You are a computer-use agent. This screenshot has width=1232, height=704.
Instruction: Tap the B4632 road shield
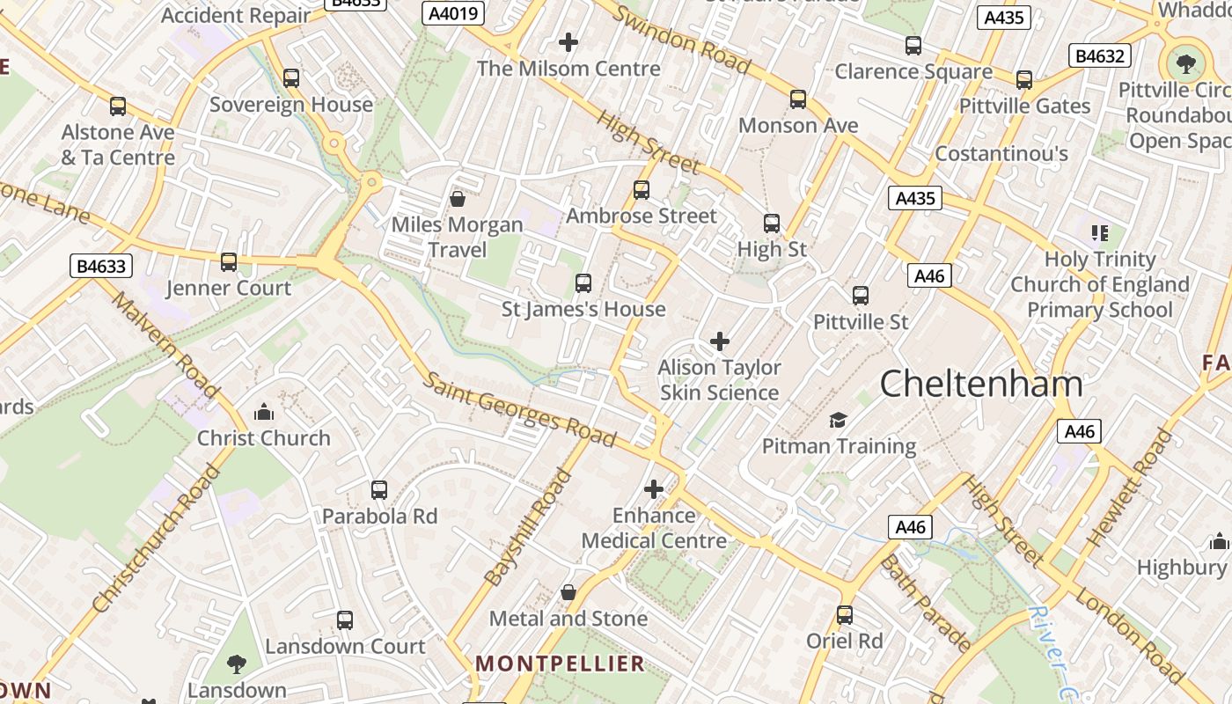click(1100, 56)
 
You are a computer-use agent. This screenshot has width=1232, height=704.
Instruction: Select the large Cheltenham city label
click(981, 385)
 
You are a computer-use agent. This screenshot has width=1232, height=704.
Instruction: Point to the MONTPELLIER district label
click(561, 664)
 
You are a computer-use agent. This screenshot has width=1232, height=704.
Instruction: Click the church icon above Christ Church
click(263, 412)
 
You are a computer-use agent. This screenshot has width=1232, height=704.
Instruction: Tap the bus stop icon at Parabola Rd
click(379, 490)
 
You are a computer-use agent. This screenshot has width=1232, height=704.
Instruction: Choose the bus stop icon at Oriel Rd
click(845, 615)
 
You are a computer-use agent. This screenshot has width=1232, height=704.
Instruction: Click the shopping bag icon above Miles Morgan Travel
click(458, 199)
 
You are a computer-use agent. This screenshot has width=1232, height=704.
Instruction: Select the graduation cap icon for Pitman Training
click(838, 420)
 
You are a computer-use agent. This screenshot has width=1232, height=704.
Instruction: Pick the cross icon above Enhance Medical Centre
click(654, 489)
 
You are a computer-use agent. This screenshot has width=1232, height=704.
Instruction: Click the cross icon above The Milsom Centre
click(568, 41)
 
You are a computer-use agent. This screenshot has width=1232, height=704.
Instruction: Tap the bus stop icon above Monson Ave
click(798, 99)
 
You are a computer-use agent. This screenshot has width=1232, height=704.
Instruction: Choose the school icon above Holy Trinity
click(1099, 233)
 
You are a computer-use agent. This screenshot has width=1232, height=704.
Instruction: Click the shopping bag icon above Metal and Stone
click(568, 592)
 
